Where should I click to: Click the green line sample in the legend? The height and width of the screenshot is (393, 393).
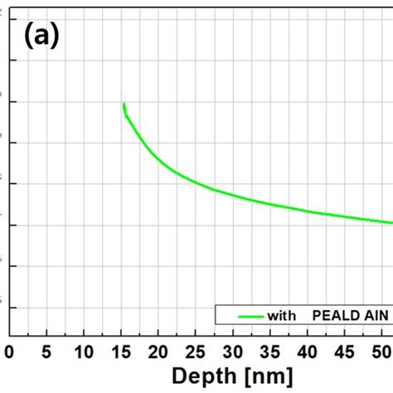(250, 316)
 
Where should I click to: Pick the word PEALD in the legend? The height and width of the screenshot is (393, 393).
(333, 316)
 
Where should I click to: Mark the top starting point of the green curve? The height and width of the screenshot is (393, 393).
(124, 104)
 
